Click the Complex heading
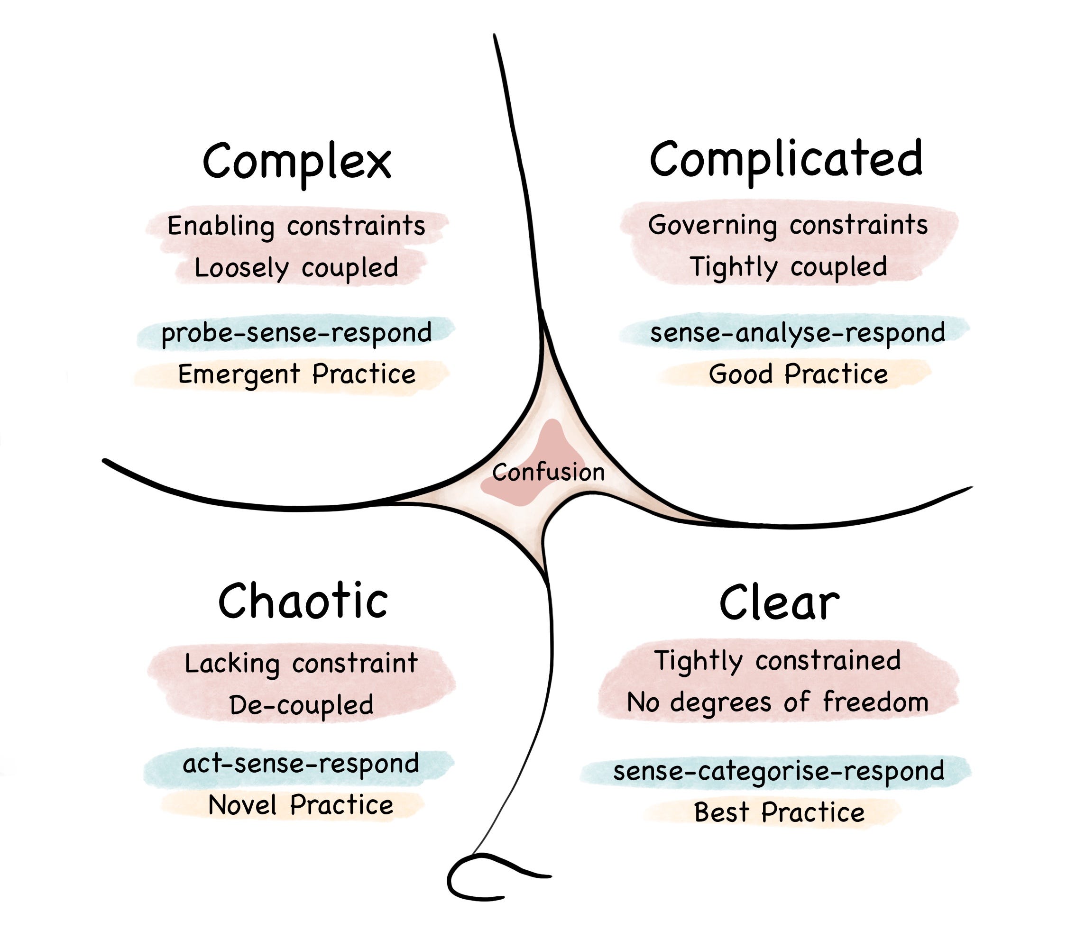click(296, 161)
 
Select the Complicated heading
click(786, 160)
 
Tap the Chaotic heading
click(303, 602)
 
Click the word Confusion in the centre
click(548, 472)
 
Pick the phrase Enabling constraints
click(296, 226)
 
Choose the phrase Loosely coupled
click(296, 268)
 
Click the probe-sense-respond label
click(296, 333)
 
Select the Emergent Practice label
click(296, 374)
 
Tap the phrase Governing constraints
click(788, 225)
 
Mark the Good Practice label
click(798, 374)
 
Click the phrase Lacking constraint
click(301, 664)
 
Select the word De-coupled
click(301, 705)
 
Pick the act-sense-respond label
click(301, 764)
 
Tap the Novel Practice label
click(301, 805)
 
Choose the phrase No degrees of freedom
click(777, 702)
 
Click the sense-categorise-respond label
click(778, 771)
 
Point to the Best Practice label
click(779, 812)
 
